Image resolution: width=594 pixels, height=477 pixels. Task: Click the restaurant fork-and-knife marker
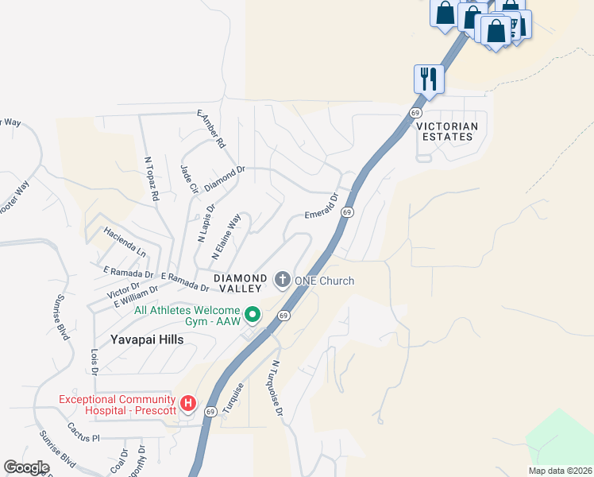[429, 79]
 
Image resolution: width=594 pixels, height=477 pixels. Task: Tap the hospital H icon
[188, 404]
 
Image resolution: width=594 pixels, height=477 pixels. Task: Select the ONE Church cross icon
[282, 280]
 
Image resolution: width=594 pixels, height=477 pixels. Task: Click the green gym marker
[253, 316]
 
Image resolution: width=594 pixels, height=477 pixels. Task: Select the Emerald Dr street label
[322, 205]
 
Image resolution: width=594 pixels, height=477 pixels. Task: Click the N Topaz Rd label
[152, 178]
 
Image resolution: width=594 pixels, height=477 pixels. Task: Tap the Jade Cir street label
[189, 180]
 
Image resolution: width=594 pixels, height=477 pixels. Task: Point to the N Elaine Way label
[226, 237]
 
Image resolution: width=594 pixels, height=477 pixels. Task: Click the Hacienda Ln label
[125, 242]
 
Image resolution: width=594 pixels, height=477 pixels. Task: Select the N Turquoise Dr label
[277, 388]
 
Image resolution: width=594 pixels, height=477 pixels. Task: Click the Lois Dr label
[94, 360]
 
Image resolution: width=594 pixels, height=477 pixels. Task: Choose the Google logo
[27, 467]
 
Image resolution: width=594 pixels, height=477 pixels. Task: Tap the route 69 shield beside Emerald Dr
[347, 213]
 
